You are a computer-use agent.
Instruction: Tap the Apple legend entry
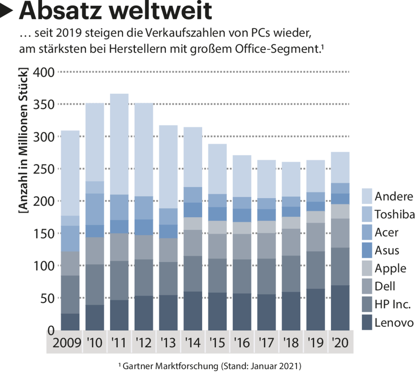click(x=390, y=268)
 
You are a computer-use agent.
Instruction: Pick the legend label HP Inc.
click(x=393, y=304)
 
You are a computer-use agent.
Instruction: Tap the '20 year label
click(x=340, y=342)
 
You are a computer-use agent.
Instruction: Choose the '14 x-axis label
click(x=193, y=342)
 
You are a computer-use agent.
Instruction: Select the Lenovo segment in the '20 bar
click(x=340, y=308)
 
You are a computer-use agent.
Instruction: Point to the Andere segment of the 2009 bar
click(x=70, y=172)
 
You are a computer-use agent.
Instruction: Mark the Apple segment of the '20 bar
click(x=340, y=211)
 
